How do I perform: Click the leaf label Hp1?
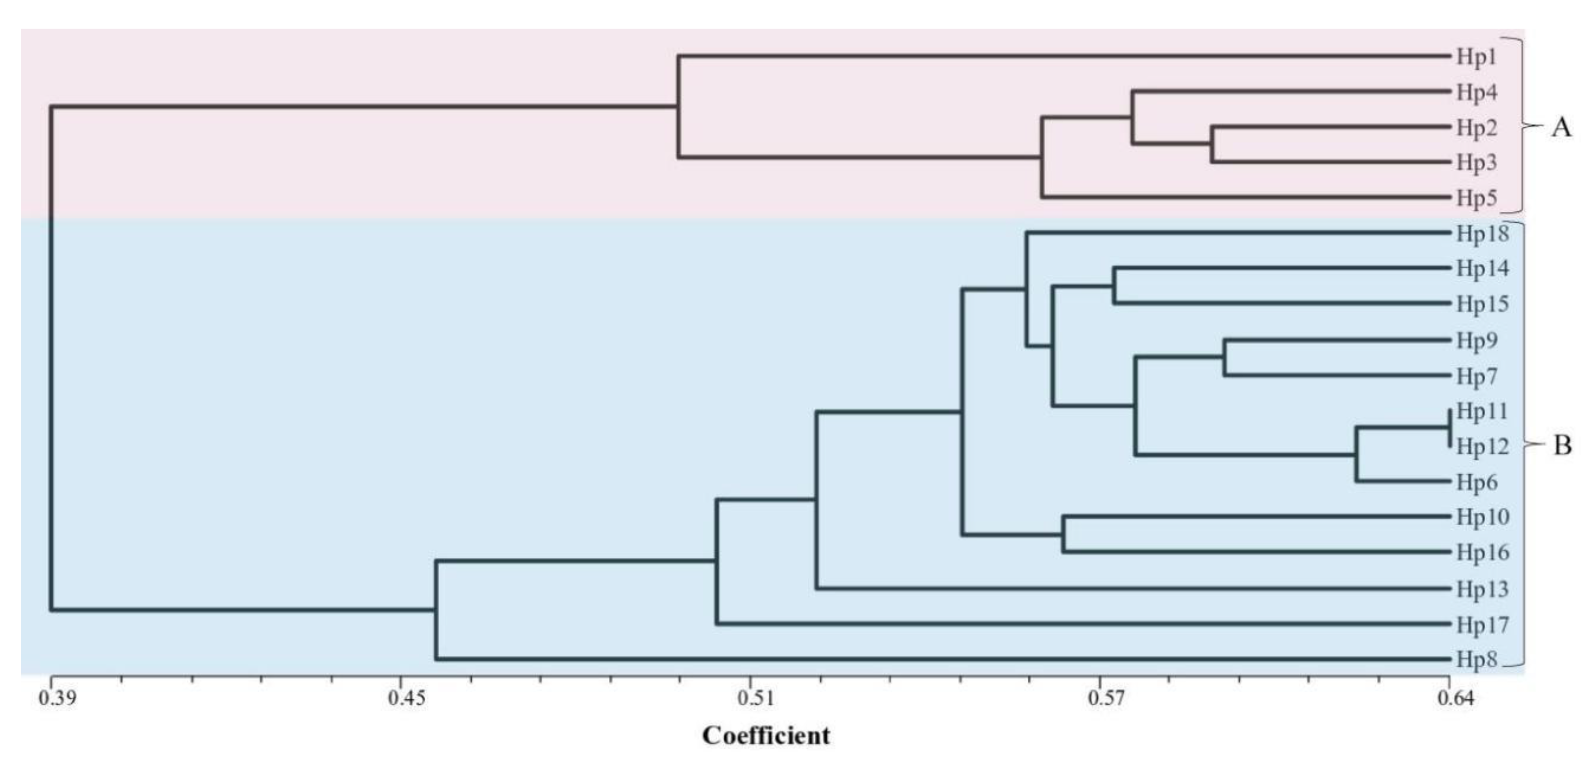point(1477,57)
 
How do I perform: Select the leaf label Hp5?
point(1477,198)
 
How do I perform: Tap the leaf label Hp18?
point(1482,234)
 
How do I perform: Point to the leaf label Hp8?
point(1477,660)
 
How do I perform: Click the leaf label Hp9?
point(1477,341)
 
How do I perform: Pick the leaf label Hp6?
point(1477,482)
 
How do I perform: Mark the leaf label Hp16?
point(1482,552)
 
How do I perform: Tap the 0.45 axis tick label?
point(407,698)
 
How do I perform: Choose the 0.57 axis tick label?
point(1105,698)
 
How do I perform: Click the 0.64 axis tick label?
point(1455,698)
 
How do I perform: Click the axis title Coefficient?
point(766,736)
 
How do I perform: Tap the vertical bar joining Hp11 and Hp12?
point(1449,428)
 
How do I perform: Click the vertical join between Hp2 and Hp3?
point(1212,145)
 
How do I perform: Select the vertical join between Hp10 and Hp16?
point(1063,534)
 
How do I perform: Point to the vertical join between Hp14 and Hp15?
point(1114,286)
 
